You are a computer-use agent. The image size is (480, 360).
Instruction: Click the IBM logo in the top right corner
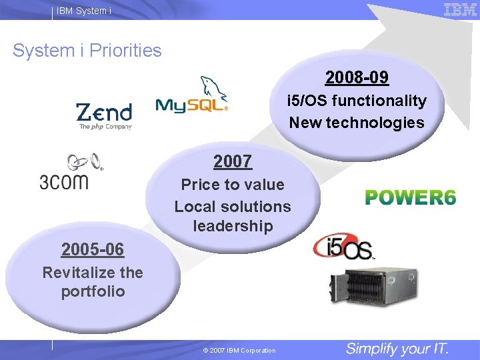pyautogui.click(x=460, y=9)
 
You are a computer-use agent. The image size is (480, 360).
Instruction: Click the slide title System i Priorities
pyautogui.click(x=87, y=51)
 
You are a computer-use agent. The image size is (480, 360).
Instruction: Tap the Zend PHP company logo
pyautogui.click(x=104, y=116)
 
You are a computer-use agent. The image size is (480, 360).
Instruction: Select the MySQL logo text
pyautogui.click(x=190, y=105)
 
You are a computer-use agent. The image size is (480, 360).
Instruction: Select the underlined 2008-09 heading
pyautogui.click(x=357, y=78)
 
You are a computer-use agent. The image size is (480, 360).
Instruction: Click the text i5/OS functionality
pyautogui.click(x=357, y=101)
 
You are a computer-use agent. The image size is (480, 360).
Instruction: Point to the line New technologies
pyautogui.click(x=357, y=123)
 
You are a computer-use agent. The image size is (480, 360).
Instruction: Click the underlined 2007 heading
pyautogui.click(x=233, y=161)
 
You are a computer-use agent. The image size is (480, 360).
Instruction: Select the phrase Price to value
pyautogui.click(x=233, y=185)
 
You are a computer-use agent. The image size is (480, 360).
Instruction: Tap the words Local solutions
pyautogui.click(x=233, y=206)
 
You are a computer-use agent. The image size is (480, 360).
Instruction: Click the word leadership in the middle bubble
pyautogui.click(x=233, y=226)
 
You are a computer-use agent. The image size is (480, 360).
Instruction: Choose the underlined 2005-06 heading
pyautogui.click(x=93, y=249)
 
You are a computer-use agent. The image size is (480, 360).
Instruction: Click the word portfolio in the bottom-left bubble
pyautogui.click(x=93, y=292)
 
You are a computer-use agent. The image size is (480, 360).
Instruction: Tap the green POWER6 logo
pyautogui.click(x=411, y=198)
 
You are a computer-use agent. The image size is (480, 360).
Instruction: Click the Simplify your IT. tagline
pyautogui.click(x=397, y=348)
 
